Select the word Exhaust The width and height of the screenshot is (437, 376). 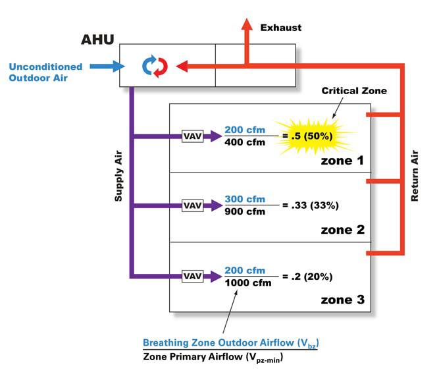click(x=281, y=28)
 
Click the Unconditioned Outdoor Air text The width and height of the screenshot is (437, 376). click(x=45, y=71)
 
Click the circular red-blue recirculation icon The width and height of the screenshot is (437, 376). click(x=155, y=66)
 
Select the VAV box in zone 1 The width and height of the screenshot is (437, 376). click(x=192, y=137)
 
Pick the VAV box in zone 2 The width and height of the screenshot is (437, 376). click(x=192, y=205)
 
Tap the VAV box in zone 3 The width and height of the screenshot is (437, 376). click(x=192, y=275)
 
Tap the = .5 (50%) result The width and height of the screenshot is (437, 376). click(x=309, y=137)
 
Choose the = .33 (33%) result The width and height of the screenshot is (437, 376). click(x=314, y=205)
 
